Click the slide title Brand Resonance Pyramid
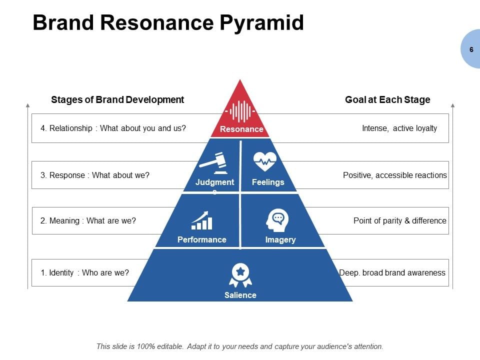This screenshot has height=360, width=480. pos(168,23)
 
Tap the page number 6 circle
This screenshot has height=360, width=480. pos(471,49)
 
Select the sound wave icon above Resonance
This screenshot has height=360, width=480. pos(240,111)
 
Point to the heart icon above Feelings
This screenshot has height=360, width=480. pos(265,162)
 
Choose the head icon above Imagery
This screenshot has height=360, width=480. pos(278,220)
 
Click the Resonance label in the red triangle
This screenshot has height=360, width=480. pos(241,129)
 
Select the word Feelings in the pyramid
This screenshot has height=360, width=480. pos(268,182)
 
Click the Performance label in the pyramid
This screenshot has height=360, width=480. pos(202,239)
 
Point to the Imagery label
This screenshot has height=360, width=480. pos(280,239)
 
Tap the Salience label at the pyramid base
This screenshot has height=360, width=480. pos(240,295)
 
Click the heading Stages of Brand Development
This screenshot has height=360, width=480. pos(117,99)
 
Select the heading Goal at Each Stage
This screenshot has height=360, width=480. pos(387,99)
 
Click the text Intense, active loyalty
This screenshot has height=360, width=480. pos(399,128)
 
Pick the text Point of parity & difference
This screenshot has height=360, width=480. pos(400,220)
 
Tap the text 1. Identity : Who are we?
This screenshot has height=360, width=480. pos(85,272)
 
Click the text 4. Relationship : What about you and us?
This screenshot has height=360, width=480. pos(113,128)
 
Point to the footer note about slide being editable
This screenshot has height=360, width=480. pos(240,346)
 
